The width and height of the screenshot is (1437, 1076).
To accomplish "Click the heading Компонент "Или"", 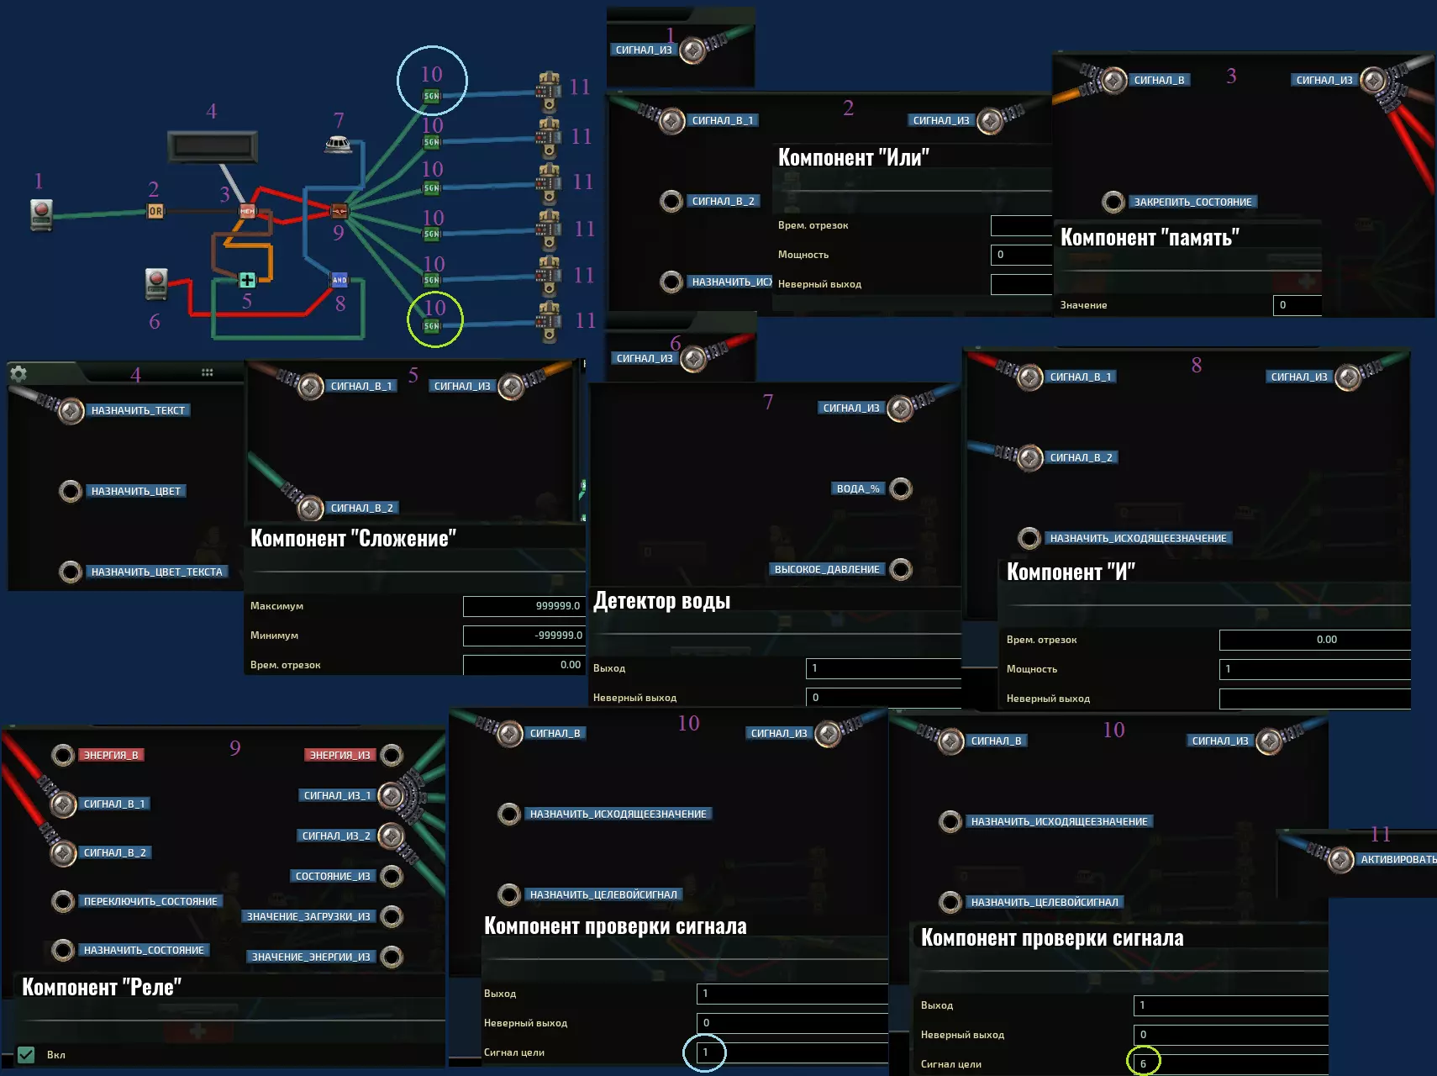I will tap(853, 158).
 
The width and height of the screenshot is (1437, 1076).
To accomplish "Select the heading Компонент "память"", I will tap(1149, 238).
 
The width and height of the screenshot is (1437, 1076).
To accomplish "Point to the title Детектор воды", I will tap(661, 601).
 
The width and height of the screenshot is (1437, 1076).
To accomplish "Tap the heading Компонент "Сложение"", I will tap(353, 539).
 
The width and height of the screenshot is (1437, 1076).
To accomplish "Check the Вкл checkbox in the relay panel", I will tap(26, 1054).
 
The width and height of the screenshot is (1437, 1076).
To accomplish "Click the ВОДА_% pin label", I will tap(857, 488).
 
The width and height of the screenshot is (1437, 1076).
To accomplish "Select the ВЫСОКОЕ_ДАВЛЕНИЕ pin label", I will tap(826, 569).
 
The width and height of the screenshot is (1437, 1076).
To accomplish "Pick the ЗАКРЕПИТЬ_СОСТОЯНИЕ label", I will tap(1192, 202).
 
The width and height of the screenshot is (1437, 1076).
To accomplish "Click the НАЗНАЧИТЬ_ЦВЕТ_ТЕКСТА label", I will tap(156, 572).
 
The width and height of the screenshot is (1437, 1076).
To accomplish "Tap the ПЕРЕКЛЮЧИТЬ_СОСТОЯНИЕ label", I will tap(150, 901).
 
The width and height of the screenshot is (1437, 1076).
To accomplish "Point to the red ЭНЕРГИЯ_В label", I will tap(111, 755).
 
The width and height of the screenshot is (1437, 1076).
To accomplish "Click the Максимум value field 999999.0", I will tap(523, 606).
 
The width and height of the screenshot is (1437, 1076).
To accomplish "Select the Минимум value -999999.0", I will tap(523, 636).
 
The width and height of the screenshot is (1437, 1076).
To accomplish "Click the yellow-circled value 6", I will tap(1143, 1063).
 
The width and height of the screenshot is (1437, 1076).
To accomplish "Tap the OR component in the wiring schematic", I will tap(155, 212).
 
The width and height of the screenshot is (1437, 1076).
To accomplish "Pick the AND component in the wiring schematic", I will tap(340, 280).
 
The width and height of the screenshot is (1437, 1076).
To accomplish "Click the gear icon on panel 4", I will tap(18, 373).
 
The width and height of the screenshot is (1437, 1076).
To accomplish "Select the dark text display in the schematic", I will tap(213, 146).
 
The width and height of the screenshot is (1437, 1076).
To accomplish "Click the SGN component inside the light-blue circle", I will tap(431, 97).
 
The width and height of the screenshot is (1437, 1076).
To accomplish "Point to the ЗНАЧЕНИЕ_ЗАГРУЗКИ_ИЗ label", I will tap(308, 916).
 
